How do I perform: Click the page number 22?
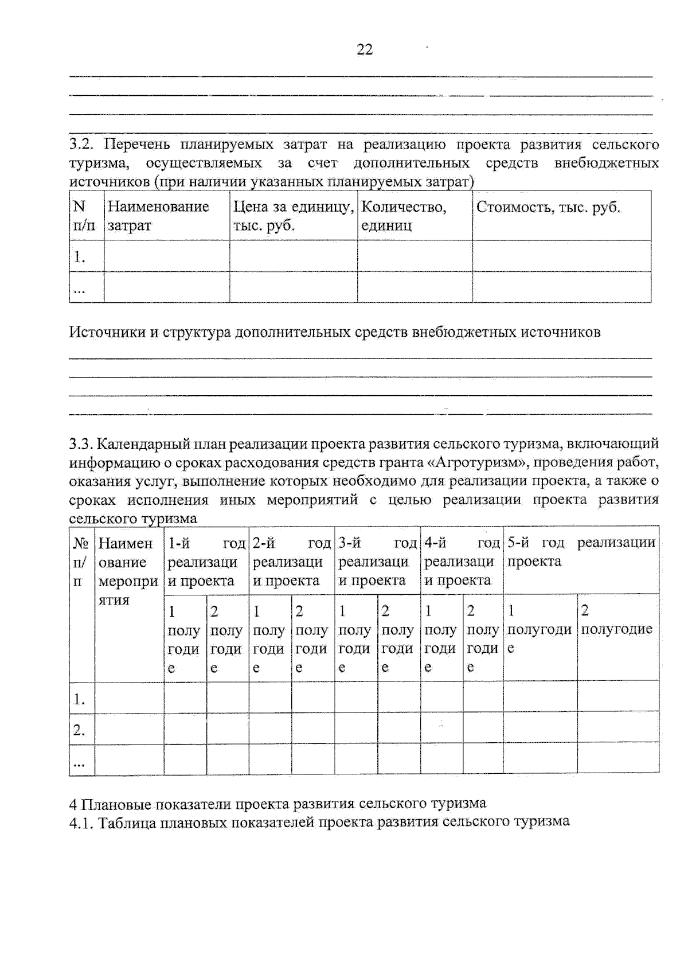tap(365, 49)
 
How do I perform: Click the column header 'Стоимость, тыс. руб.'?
tap(548, 207)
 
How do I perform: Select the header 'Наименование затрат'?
tap(158, 216)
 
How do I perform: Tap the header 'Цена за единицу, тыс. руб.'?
tap(293, 216)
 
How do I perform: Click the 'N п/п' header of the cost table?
tap(84, 216)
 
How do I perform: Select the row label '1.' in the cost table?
tap(79, 257)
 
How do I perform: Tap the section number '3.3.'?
tap(81, 444)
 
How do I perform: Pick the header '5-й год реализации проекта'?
tap(581, 552)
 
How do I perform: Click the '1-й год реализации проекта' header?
tap(206, 562)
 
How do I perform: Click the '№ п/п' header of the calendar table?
tap(81, 562)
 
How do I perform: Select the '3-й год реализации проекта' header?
tap(377, 562)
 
